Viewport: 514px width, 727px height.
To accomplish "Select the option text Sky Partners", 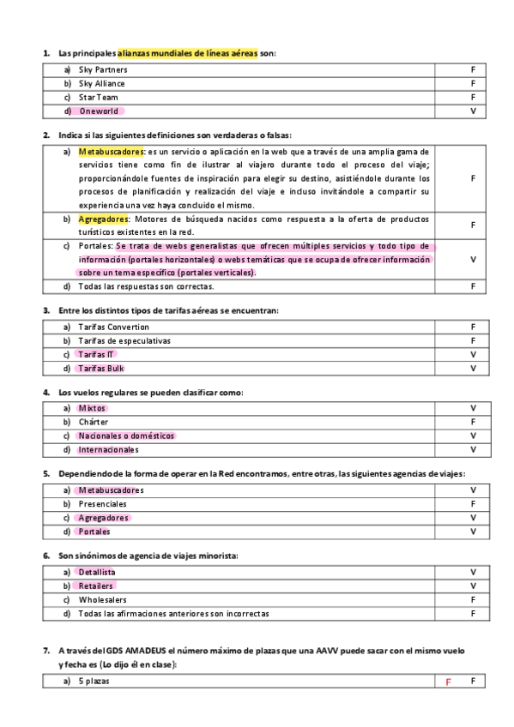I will pyautogui.click(x=103, y=69).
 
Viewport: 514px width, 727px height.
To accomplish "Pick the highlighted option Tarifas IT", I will pyautogui.click(x=95, y=355).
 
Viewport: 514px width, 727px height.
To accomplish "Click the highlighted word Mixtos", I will pyautogui.click(x=92, y=408).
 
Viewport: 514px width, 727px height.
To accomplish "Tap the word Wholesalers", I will pyautogui.click(x=102, y=600).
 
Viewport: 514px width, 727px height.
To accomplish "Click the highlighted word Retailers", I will pyautogui.click(x=96, y=586).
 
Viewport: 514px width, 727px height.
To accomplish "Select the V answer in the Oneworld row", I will pyautogui.click(x=473, y=111).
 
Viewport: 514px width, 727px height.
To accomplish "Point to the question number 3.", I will pyautogui.click(x=46, y=309).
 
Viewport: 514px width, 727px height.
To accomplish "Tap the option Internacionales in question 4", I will pyautogui.click(x=108, y=449).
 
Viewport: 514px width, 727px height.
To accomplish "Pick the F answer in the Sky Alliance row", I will pyautogui.click(x=473, y=83).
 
